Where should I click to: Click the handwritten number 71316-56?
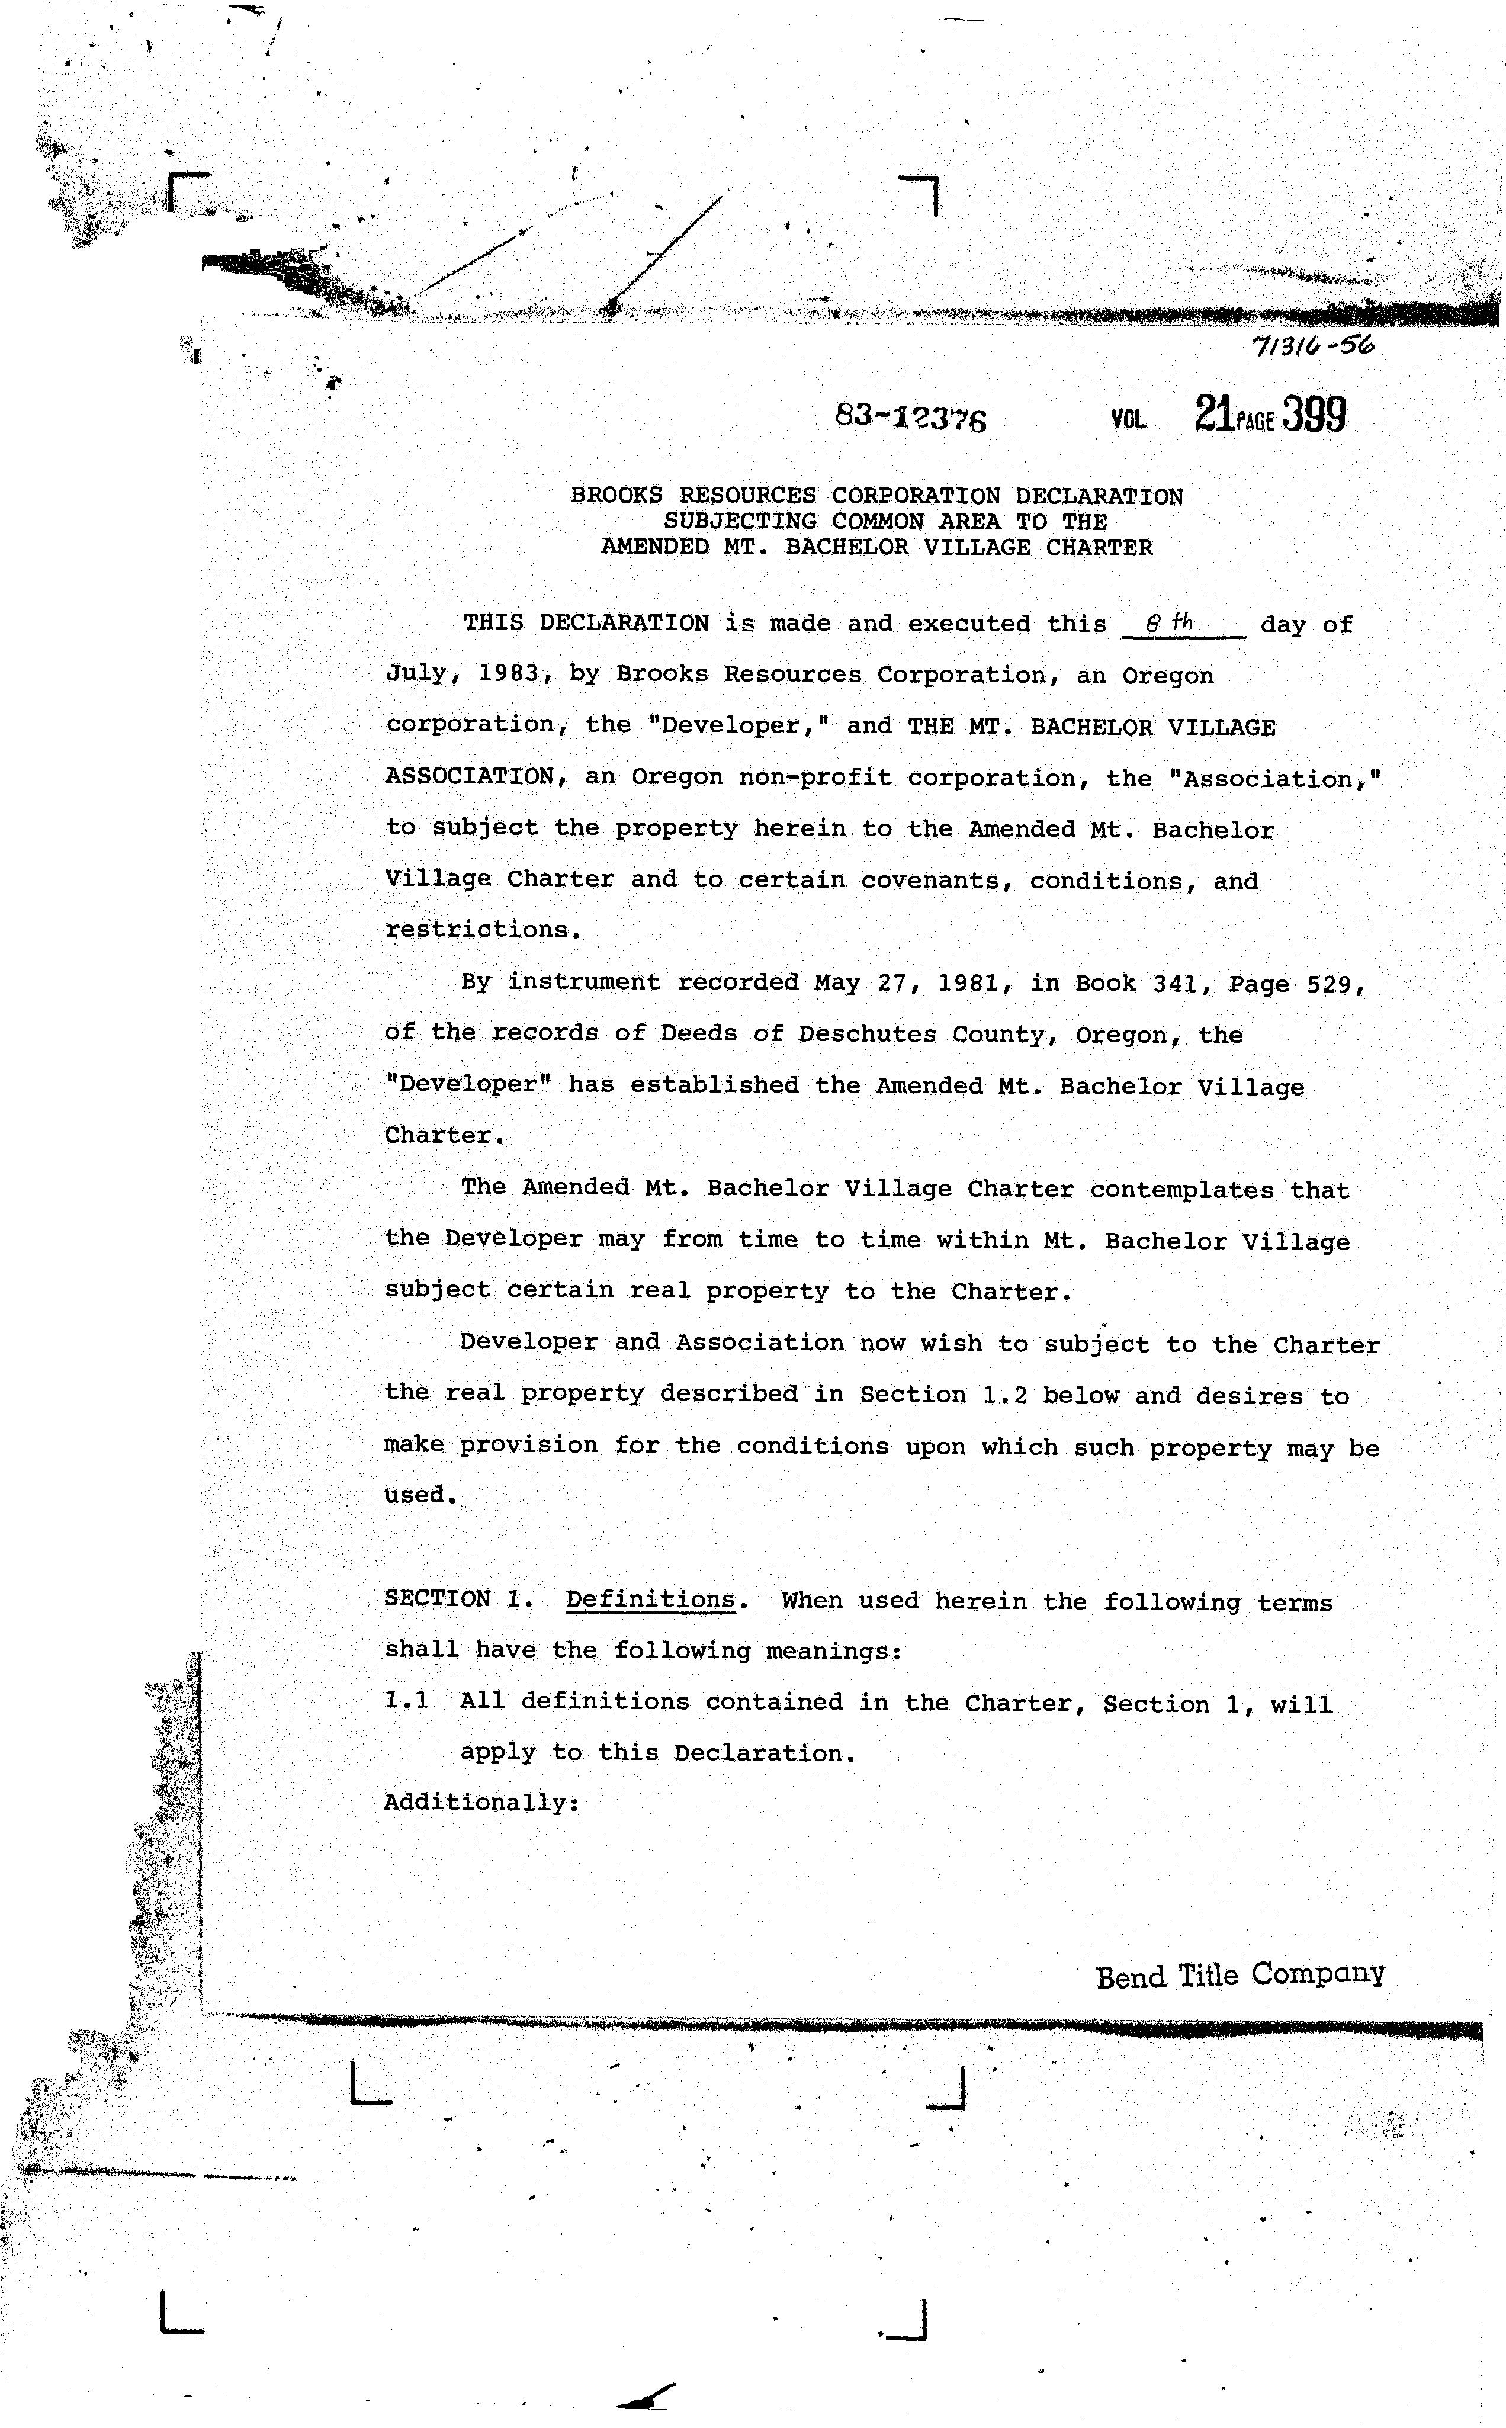[1314, 346]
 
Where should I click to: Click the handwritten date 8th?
[1170, 624]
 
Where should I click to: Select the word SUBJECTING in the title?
[741, 521]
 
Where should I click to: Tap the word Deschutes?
[866, 1034]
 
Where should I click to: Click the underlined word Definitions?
[650, 1601]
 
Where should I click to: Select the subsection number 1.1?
[406, 1701]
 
